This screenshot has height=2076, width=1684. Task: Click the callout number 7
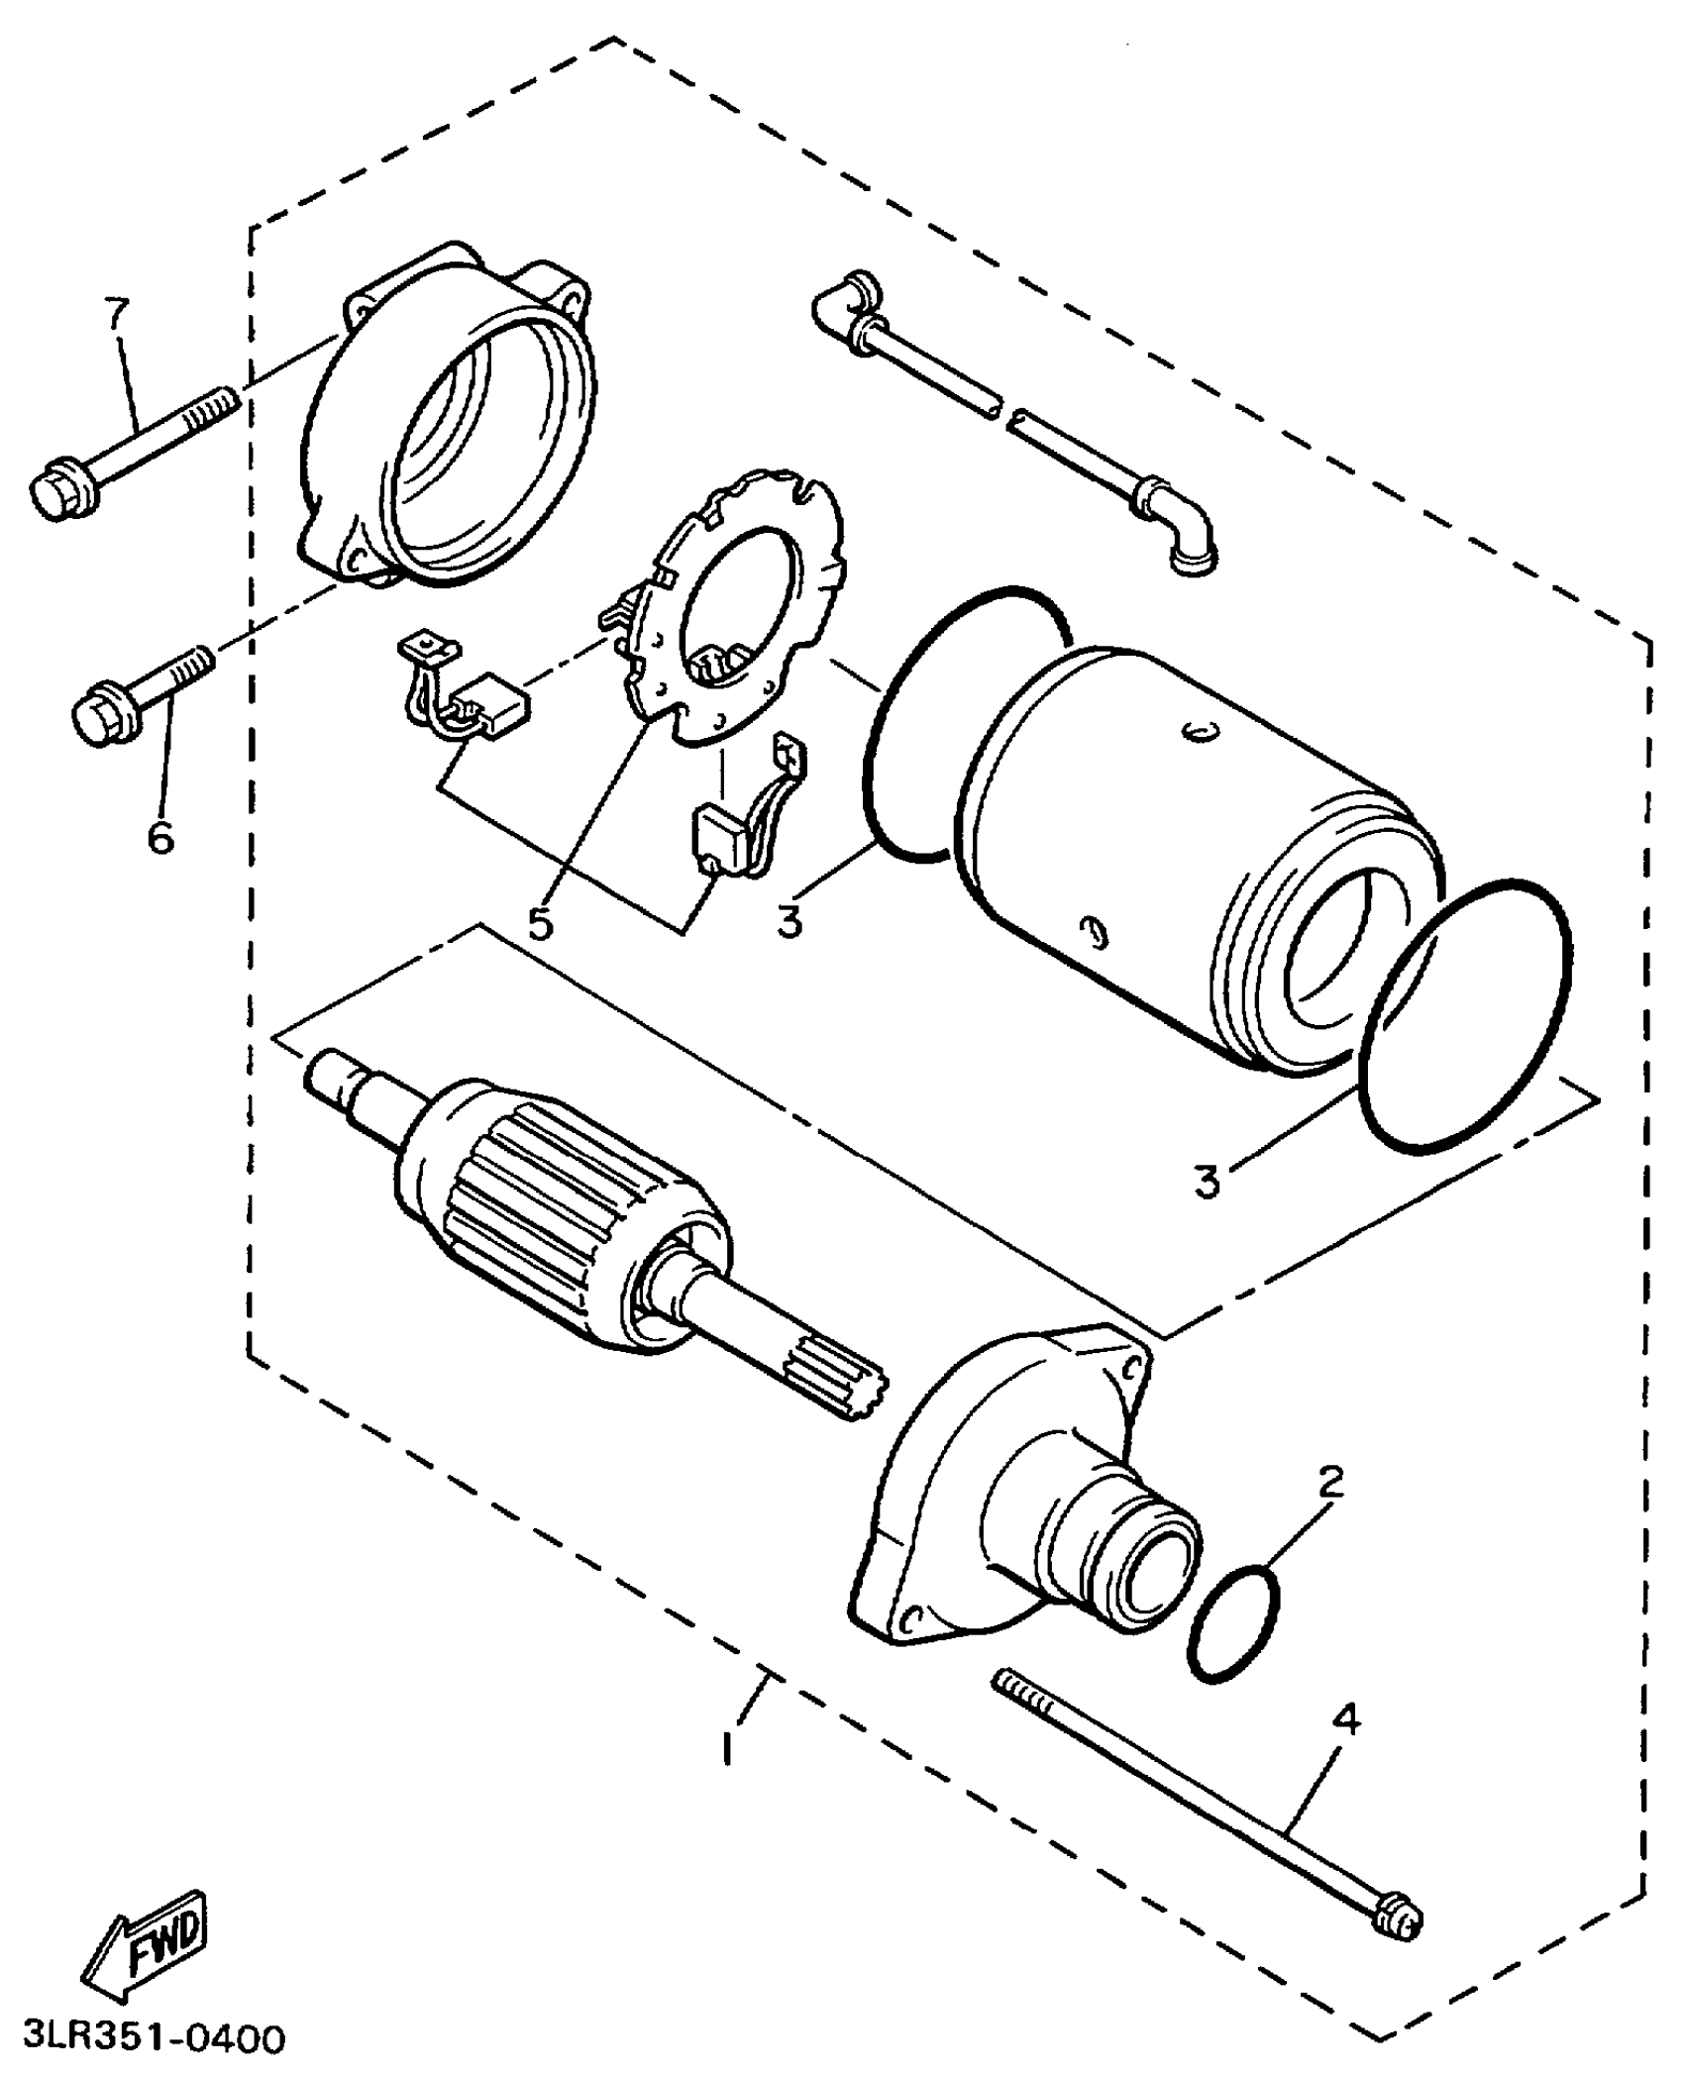coord(117,315)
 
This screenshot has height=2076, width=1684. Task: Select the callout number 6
coord(160,837)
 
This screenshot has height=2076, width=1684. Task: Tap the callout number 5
coord(540,923)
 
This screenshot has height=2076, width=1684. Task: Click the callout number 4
coord(1345,1720)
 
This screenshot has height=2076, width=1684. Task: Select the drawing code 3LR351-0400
coord(144,2038)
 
